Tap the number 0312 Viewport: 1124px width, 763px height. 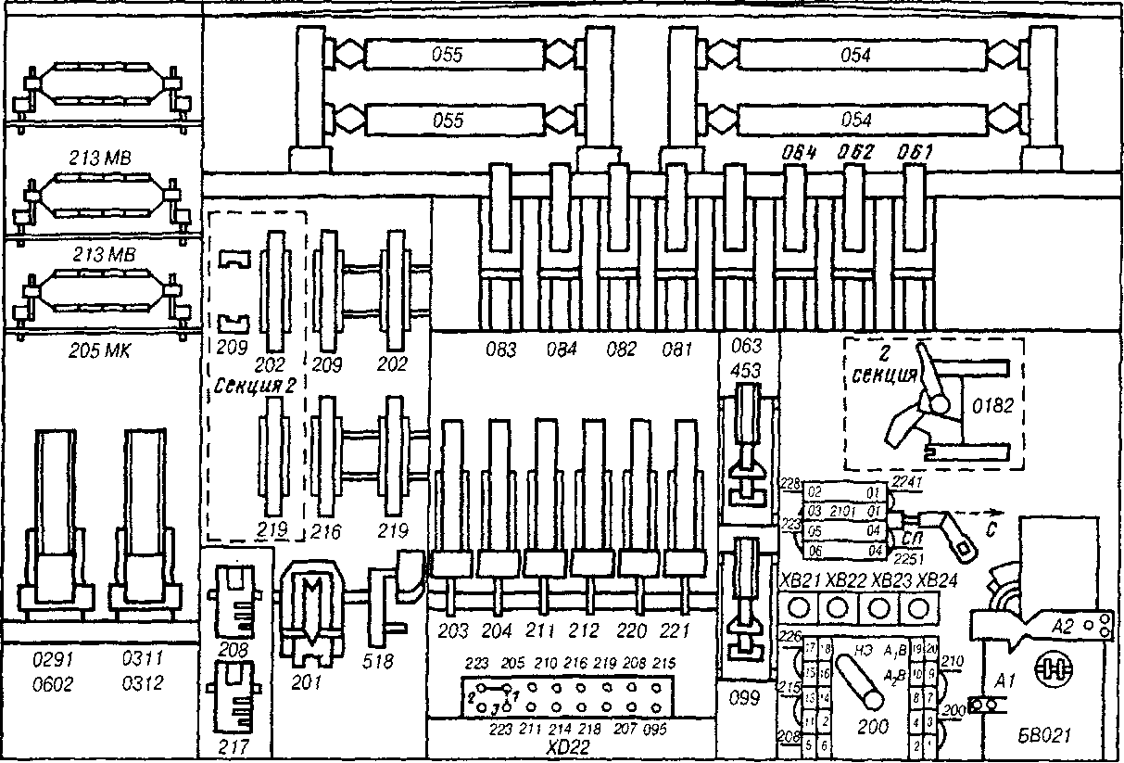tap(143, 684)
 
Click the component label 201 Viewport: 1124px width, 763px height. tap(307, 682)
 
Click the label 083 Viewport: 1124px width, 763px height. tap(503, 350)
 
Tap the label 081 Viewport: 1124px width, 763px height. tap(678, 350)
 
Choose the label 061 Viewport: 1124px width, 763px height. tap(915, 152)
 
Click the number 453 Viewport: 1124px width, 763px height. tap(747, 371)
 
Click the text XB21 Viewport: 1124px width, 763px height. tap(799, 581)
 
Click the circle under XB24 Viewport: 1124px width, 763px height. tap(917, 609)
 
